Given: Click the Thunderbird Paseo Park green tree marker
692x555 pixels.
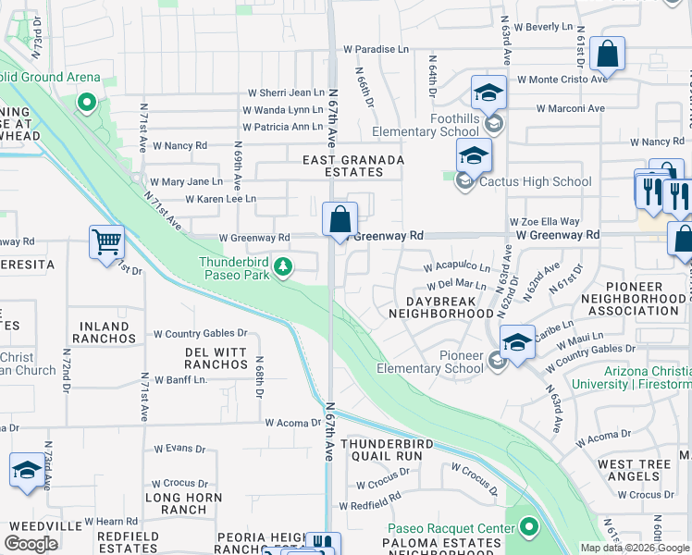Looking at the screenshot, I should click(284, 268).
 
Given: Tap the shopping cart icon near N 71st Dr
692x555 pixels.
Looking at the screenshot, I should click(106, 242).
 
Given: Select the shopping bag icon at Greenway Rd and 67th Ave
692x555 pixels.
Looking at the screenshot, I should click(340, 220).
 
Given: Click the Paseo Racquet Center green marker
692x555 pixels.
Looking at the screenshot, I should click(529, 528).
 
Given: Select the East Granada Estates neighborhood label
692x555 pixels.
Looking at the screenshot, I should click(354, 166).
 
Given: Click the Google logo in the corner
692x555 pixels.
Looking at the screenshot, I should click(31, 544).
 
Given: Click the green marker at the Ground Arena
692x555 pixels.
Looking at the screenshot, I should click(87, 102).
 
